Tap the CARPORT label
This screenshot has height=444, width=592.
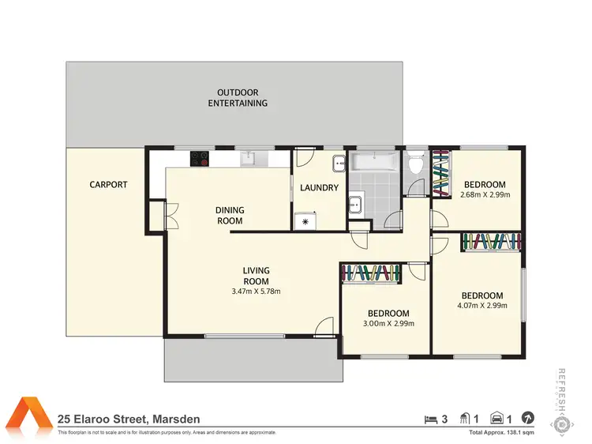[108, 185]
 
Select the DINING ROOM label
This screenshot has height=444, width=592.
[230, 216]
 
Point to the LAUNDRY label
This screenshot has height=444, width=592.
[320, 188]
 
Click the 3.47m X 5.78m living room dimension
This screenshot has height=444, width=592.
[255, 292]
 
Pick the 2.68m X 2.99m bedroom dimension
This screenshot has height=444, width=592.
[485, 194]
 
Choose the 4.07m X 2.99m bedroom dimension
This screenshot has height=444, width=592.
[482, 306]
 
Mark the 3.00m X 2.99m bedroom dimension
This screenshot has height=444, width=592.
[387, 323]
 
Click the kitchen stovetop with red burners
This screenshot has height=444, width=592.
[199, 158]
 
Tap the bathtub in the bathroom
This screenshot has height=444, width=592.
[375, 163]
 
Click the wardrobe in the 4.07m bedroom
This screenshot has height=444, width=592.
[491, 242]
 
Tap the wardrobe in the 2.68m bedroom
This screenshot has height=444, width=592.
[441, 173]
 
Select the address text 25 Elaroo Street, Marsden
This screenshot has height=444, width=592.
[129, 419]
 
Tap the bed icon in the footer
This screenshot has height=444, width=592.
[430, 417]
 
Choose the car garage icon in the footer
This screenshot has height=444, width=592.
[498, 417]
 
